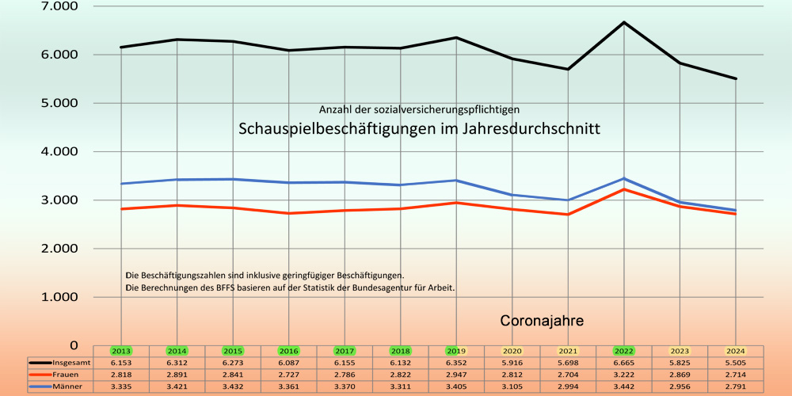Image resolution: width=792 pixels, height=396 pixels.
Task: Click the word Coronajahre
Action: (542, 322)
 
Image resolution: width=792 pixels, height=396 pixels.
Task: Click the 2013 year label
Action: (121, 351)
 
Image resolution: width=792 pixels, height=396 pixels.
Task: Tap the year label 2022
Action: (624, 351)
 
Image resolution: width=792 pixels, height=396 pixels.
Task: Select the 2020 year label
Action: (512, 351)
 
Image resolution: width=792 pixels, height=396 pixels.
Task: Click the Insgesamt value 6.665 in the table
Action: (624, 362)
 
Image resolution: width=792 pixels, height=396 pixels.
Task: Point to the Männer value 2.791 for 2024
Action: (736, 386)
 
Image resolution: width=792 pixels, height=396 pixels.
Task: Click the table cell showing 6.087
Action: (289, 362)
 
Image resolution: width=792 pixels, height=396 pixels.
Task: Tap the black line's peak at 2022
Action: (624, 22)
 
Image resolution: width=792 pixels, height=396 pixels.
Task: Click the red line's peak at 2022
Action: (624, 189)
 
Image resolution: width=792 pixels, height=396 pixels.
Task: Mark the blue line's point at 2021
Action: (568, 200)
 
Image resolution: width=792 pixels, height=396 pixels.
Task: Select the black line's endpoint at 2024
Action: (736, 78)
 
